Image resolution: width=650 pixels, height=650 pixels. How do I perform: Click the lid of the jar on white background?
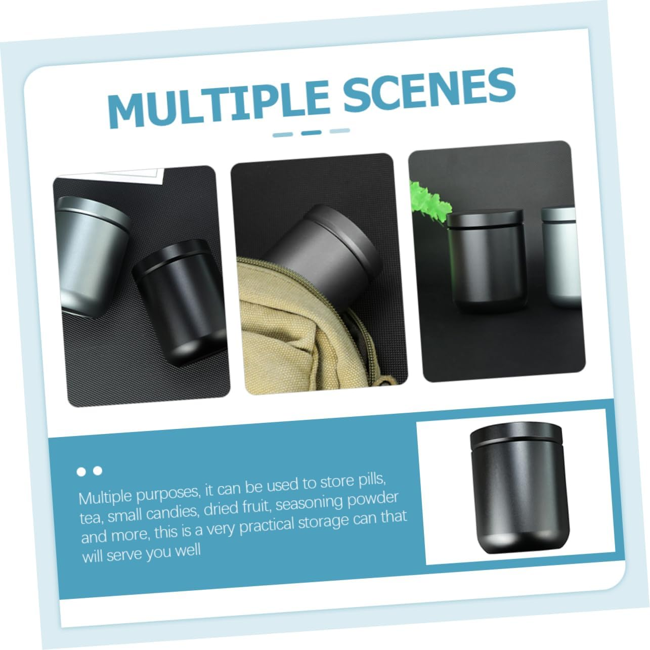515,438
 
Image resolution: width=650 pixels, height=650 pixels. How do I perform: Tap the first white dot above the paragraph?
81,472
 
